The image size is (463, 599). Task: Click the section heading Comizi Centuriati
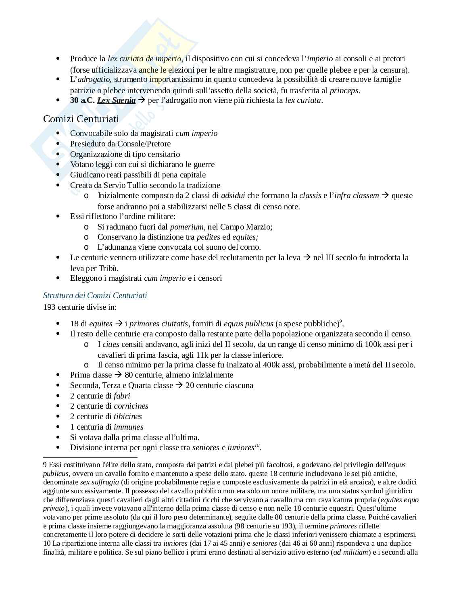pos(81,119)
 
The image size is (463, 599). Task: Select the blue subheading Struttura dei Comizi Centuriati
pos(95,295)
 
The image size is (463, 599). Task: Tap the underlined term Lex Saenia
pos(116,100)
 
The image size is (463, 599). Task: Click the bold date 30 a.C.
pos(82,100)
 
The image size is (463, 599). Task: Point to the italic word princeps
pos(344,90)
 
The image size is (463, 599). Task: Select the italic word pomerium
pos(187,227)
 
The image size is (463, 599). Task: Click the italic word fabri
pos(122,396)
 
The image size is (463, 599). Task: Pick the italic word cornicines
pos(131,406)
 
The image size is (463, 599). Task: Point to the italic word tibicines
pos(128,416)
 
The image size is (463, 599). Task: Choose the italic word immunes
pos(129,427)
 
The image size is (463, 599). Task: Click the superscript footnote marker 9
pos(340,321)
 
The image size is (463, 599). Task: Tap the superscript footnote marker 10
pos(257,445)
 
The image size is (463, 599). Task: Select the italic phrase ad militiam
pos(350,552)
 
